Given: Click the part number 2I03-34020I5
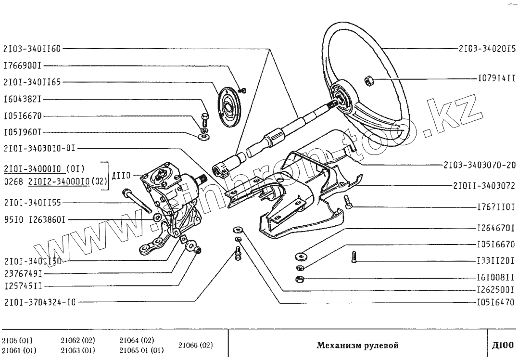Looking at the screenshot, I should [x=486, y=49].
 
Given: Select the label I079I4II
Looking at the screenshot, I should [x=496, y=77].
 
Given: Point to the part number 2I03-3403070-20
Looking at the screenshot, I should [x=480, y=165].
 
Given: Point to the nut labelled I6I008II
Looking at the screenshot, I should [x=299, y=279].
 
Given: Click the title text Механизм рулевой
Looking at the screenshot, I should [x=357, y=345].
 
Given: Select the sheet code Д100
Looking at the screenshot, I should [x=504, y=345].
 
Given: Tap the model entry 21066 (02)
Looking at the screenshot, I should [x=195, y=345].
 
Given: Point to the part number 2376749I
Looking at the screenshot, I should [x=23, y=273].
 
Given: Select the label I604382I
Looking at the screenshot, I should [x=23, y=99].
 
